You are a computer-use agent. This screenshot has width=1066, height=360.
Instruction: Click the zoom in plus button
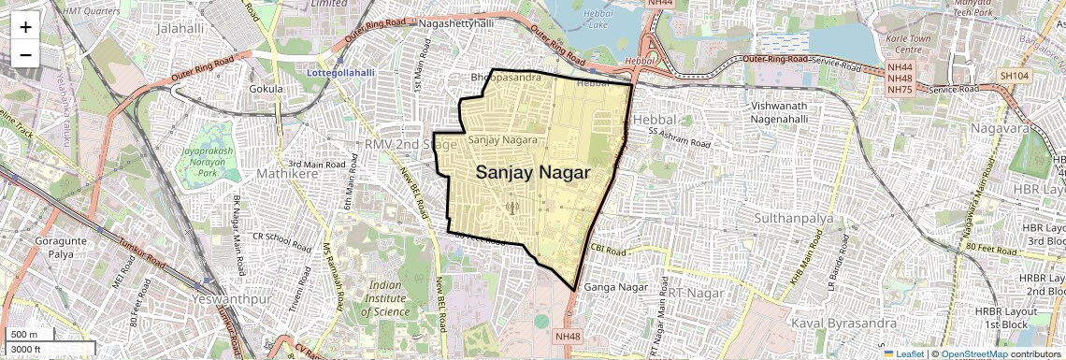point(25,26)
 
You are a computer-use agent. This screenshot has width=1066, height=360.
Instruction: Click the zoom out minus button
point(25,54)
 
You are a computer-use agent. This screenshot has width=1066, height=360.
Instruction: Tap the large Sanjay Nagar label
point(533,173)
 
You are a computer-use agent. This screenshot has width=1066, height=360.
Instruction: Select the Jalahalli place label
point(182,29)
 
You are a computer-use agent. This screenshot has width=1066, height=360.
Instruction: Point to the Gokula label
point(266,89)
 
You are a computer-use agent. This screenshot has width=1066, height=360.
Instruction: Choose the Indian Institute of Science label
point(391,298)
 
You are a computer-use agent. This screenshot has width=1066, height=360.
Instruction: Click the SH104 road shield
point(1014,75)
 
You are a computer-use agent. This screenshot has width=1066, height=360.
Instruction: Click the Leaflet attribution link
point(903,354)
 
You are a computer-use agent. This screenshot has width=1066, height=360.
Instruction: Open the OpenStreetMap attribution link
point(974,354)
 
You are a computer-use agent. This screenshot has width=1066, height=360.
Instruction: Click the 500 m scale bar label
point(24,335)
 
